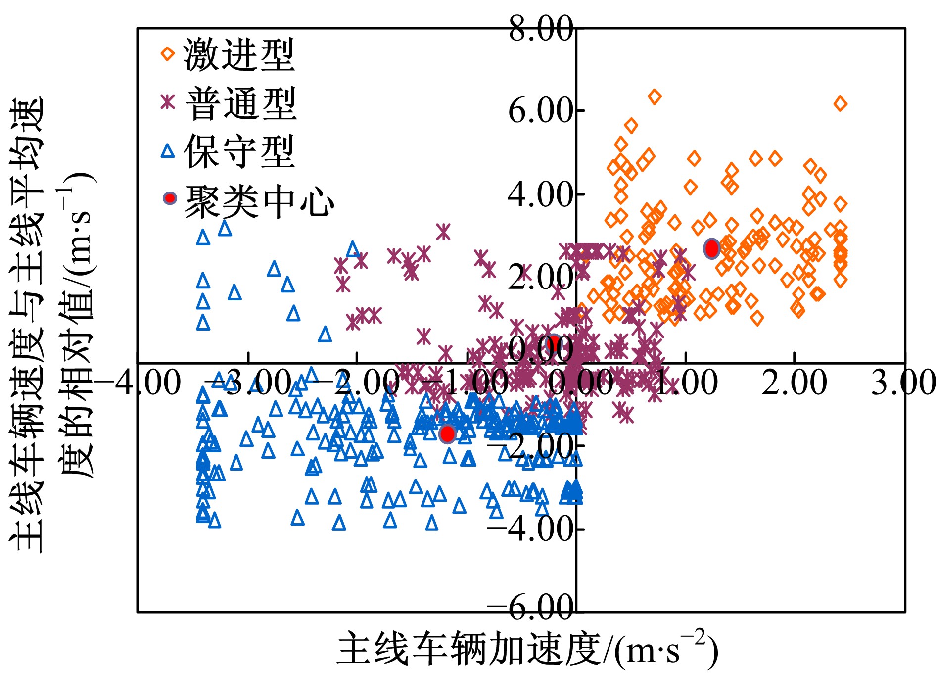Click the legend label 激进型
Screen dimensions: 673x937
tap(239, 54)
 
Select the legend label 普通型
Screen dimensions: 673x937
tap(240, 103)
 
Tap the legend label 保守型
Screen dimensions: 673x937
tap(239, 152)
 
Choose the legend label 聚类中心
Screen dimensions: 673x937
tap(259, 201)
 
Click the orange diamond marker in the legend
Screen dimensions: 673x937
tap(168, 53)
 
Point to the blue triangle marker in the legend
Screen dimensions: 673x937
tap(168, 151)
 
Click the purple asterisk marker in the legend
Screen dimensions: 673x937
tap(168, 102)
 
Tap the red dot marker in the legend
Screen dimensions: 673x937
tap(170, 198)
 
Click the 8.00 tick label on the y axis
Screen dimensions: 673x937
tap(540, 29)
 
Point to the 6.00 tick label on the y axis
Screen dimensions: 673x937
tap(540, 111)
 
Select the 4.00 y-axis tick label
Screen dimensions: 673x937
tap(540, 194)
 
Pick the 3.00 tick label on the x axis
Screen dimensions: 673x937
tap(903, 383)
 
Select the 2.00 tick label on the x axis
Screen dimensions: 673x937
tap(794, 383)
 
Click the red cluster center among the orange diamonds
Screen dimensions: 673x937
tap(711, 248)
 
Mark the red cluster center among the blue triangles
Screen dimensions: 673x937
tap(447, 433)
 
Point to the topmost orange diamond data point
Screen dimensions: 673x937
tap(655, 96)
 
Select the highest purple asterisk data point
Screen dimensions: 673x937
tap(443, 231)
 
